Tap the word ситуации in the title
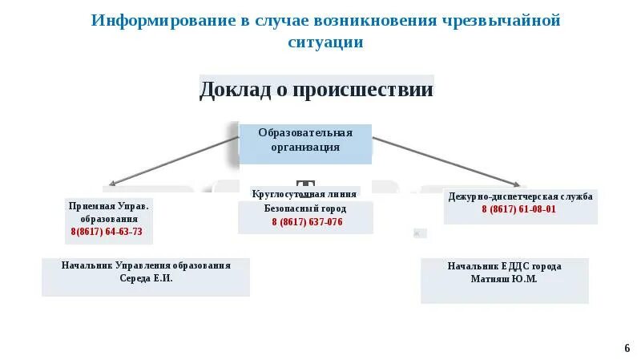325,42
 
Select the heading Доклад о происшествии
316,89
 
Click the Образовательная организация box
305,140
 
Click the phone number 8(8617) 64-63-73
107,232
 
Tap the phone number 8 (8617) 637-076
307,222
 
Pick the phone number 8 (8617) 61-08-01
518,209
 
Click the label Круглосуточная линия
304,194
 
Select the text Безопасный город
304,208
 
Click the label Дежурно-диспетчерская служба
520,196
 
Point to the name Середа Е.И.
146,278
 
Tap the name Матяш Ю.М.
504,279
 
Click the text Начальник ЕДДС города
504,266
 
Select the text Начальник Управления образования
146,265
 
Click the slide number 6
627,348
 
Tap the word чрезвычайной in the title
501,20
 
